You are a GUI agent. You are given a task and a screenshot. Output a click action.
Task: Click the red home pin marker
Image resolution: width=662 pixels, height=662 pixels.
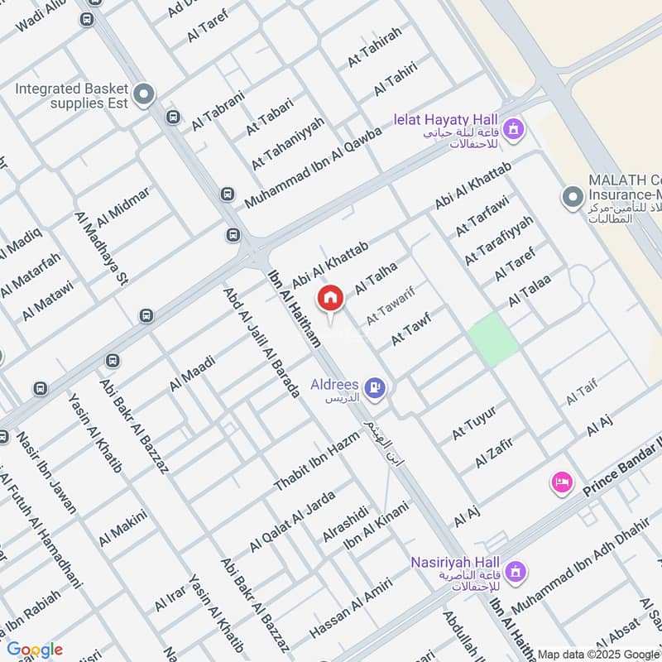pyautogui.click(x=330, y=298)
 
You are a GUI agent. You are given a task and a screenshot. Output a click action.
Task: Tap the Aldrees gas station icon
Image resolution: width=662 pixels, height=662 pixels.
pyautogui.click(x=375, y=386)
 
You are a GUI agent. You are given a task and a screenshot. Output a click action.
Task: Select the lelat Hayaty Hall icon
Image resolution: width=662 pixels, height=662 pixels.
pyautogui.click(x=514, y=128)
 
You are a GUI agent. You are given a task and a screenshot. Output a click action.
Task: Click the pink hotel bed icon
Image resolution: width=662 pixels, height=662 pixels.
pyautogui.click(x=562, y=482)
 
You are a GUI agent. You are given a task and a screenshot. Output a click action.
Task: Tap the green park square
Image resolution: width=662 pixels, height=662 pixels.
pyautogui.click(x=493, y=340)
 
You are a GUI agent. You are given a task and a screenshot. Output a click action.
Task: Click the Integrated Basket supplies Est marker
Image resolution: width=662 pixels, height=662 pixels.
pyautogui.click(x=145, y=95)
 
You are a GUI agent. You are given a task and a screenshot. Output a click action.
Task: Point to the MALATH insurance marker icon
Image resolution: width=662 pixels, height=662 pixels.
pyautogui.click(x=571, y=197)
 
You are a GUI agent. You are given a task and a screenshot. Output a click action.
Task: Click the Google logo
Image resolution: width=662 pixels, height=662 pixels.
pyautogui.click(x=35, y=649)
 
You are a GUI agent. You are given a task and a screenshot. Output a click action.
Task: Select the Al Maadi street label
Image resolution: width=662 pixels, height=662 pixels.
pyautogui.click(x=192, y=373)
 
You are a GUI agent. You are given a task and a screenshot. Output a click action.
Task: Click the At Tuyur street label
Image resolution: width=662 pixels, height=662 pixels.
pyautogui.click(x=474, y=423)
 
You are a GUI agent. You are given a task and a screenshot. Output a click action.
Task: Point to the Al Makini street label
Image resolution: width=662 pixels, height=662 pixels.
pyautogui.click(x=122, y=528)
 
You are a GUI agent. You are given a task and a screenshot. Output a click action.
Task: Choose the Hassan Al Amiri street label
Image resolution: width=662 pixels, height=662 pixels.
pyautogui.click(x=350, y=609)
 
